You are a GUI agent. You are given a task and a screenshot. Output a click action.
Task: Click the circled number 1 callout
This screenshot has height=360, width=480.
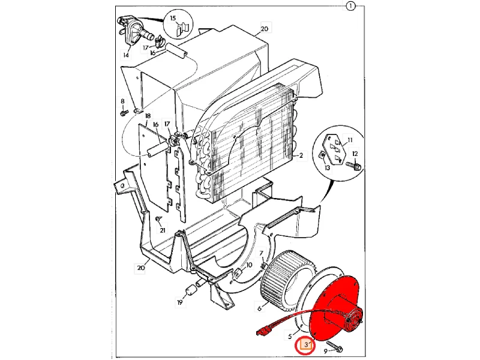point(350,6)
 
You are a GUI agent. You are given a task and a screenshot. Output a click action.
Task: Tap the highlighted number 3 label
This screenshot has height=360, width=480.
point(306,345)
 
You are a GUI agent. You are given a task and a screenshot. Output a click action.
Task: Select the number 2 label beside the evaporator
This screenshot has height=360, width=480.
point(301,155)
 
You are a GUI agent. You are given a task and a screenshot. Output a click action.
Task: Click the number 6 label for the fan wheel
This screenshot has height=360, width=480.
point(260,308)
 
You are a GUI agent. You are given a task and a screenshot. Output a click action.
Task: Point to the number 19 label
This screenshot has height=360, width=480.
point(179,302)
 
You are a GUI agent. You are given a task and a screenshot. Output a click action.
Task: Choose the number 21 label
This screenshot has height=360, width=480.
point(163,230)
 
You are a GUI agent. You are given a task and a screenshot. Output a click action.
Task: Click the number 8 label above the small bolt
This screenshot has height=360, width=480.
point(122,101)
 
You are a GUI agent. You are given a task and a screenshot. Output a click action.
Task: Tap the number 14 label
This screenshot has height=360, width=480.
point(126,55)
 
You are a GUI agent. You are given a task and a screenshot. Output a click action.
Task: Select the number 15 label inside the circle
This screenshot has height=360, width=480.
point(173,18)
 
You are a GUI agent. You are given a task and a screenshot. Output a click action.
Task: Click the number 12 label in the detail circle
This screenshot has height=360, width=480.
point(355,154)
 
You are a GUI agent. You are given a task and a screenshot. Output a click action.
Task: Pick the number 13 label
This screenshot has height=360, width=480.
point(327,168)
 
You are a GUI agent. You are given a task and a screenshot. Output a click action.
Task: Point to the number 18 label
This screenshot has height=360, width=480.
point(148,116)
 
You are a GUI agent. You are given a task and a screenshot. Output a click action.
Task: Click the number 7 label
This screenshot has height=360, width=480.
point(261,253)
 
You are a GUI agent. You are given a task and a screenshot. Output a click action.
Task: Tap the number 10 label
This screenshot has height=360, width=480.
point(249,265)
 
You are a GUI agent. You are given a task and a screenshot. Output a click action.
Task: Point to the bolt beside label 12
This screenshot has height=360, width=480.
point(353,166)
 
